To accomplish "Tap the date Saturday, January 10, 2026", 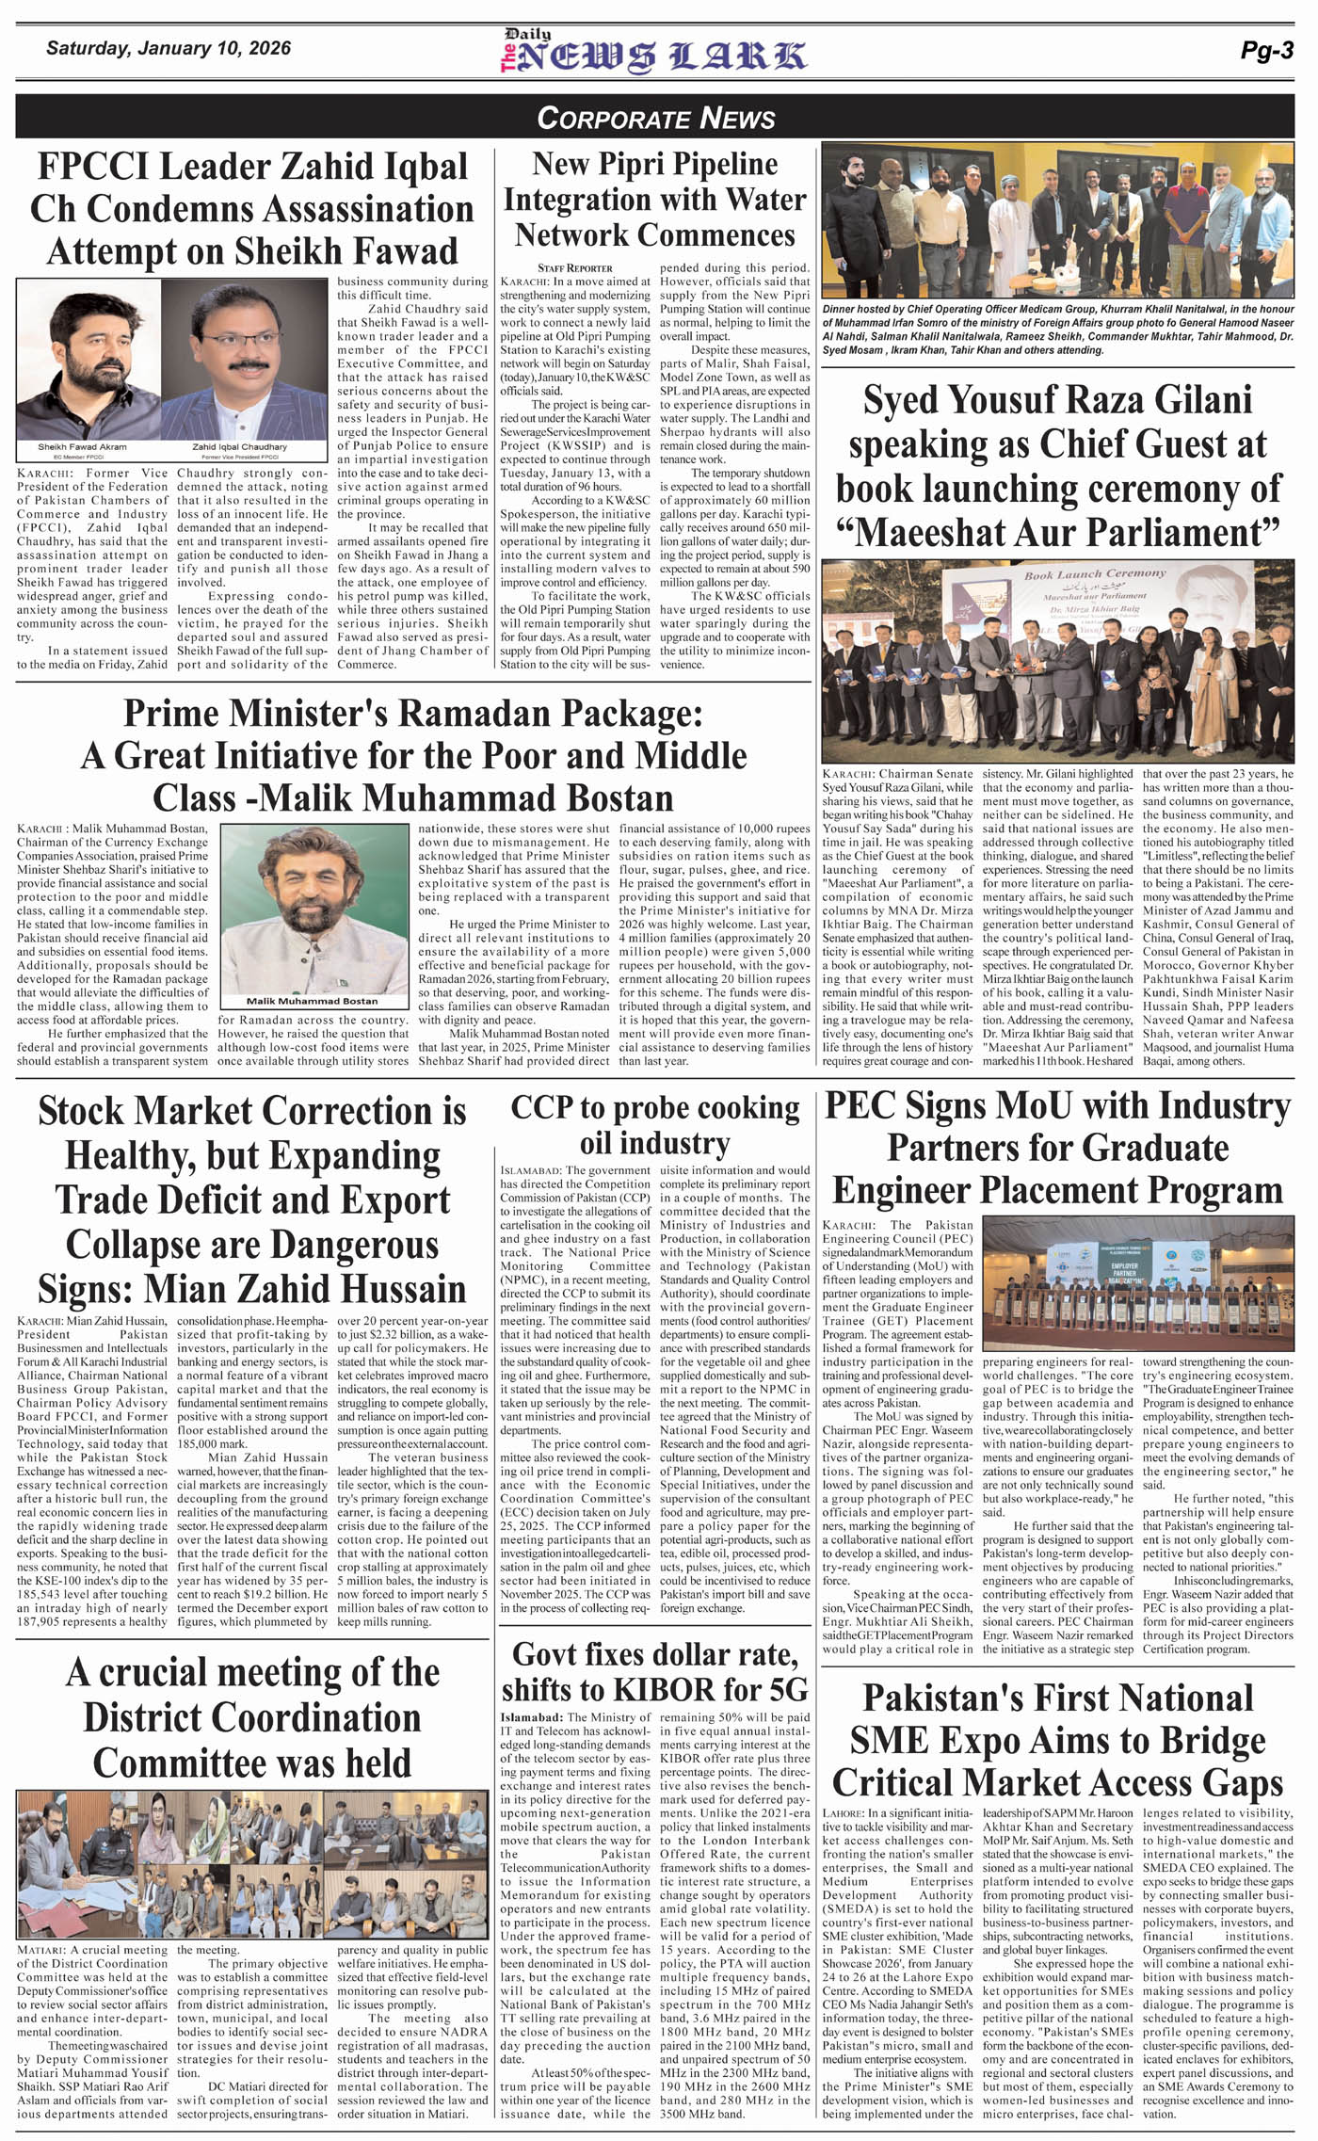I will click(x=169, y=48).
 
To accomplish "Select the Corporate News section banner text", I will click(x=656, y=118).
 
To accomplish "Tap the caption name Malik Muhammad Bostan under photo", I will click(x=312, y=1001).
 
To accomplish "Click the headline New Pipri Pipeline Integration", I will click(x=654, y=199).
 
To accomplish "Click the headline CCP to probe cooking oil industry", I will click(x=654, y=1125).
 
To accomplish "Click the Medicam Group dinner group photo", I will click(x=1058, y=219).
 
